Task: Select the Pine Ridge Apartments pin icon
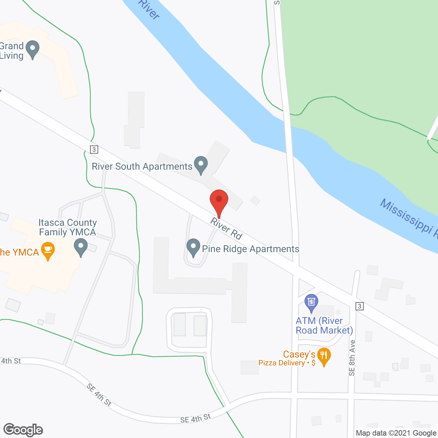click(193, 247)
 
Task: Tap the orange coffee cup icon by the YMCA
click(48, 250)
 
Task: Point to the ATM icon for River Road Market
click(311, 303)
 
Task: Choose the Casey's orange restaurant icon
click(324, 356)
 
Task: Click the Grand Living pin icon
click(33, 49)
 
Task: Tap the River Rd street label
click(227, 228)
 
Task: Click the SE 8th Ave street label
click(352, 358)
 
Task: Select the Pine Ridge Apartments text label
click(250, 249)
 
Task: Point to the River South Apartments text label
click(142, 167)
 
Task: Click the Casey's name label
click(299, 354)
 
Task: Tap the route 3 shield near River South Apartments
click(94, 150)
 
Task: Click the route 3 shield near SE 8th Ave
click(359, 306)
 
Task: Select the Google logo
click(23, 430)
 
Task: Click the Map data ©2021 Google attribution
click(396, 433)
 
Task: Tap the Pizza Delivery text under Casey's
click(282, 363)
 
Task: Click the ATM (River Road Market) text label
click(324, 325)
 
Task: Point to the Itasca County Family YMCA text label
click(67, 228)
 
